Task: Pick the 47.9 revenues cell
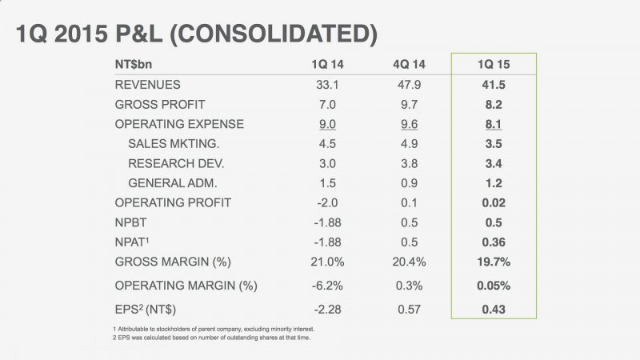(410, 84)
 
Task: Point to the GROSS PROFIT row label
(160, 104)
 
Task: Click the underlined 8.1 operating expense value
(493, 124)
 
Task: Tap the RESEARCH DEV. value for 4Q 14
(410, 163)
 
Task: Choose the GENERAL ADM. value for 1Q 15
(493, 183)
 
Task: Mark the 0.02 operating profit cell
(493, 203)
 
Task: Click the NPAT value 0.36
(493, 242)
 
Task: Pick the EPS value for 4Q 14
(410, 309)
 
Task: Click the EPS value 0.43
(493, 309)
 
